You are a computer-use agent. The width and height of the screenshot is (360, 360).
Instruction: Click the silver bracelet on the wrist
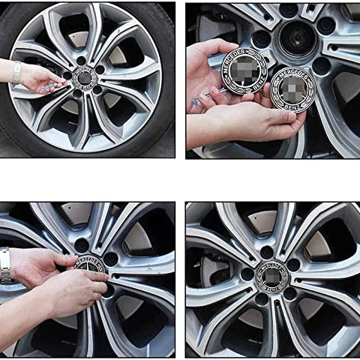point(16,72)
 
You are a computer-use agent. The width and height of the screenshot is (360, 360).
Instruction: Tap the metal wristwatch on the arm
point(6,265)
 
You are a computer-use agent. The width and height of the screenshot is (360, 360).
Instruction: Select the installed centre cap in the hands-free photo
point(272,277)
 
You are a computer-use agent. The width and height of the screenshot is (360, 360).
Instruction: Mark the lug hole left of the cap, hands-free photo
point(246,274)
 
